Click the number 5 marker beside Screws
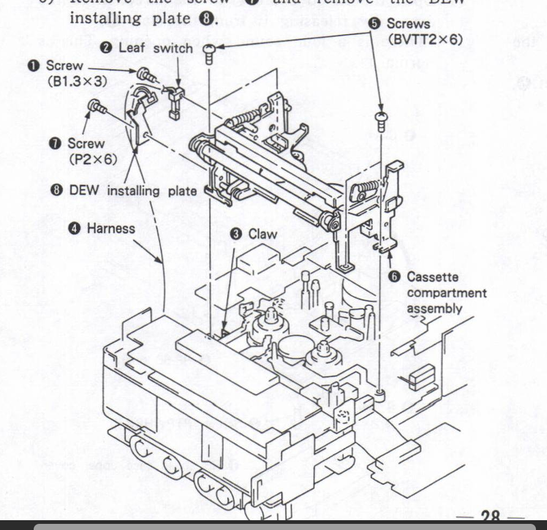[x=377, y=25]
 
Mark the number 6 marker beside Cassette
[x=395, y=277]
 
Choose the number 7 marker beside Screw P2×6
[x=55, y=143]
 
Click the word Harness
[x=110, y=228]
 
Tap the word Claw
[x=262, y=234]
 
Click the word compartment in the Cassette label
[x=447, y=293]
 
